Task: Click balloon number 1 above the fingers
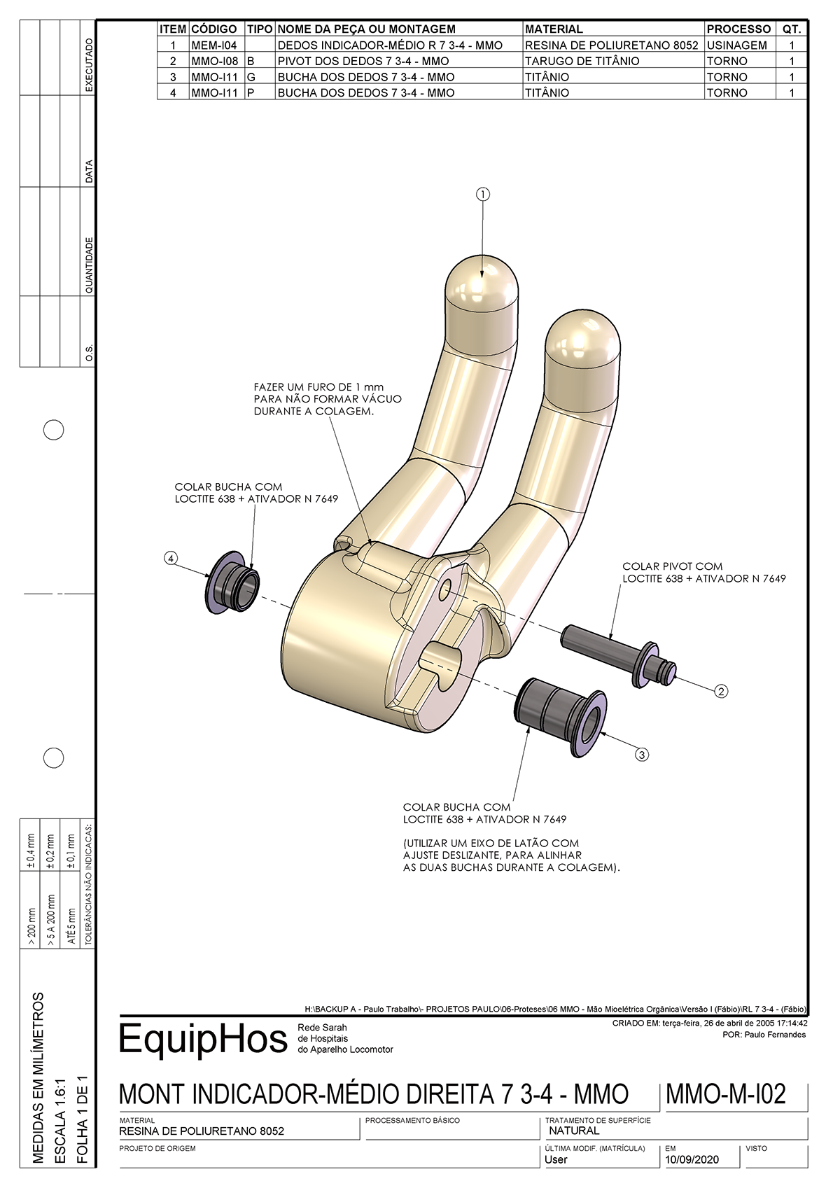pyautogui.click(x=482, y=194)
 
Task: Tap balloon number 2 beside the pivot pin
pyautogui.click(x=721, y=691)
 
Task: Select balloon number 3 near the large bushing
pyautogui.click(x=641, y=754)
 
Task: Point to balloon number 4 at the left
pyautogui.click(x=171, y=558)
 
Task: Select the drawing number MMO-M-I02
pyautogui.click(x=726, y=1093)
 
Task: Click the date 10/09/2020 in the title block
pyautogui.click(x=692, y=1159)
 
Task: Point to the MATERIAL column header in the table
pyautogui.click(x=553, y=29)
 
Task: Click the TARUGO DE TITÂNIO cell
pyautogui.click(x=582, y=61)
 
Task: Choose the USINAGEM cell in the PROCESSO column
pyautogui.click(x=736, y=46)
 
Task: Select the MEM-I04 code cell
pyautogui.click(x=214, y=46)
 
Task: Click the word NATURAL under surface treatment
pyautogui.click(x=574, y=1131)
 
